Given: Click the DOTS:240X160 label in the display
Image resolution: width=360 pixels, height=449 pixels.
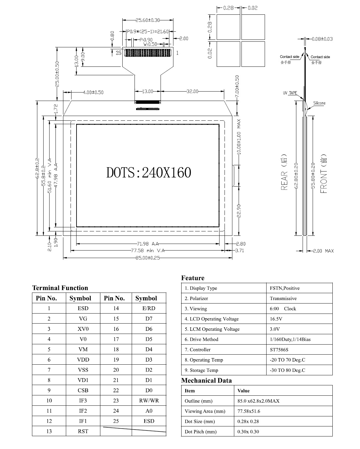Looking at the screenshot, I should tap(149, 172).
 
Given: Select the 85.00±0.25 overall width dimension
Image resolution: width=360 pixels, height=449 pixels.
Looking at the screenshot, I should tap(148, 258).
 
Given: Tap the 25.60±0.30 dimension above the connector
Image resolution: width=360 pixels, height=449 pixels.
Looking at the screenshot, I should tap(148, 20).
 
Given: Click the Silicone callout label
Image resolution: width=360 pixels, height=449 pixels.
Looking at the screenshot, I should tap(319, 103).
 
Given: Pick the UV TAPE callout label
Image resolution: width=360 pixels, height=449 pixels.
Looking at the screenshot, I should tap(290, 93).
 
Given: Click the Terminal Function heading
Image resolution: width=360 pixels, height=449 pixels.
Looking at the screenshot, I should tap(60, 288).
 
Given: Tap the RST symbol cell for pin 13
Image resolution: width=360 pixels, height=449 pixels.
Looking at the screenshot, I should tap(83, 431).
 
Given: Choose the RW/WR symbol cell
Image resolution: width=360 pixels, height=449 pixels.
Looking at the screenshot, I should tap(149, 400).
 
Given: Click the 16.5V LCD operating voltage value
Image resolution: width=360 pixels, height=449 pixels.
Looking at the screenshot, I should tap(276, 319).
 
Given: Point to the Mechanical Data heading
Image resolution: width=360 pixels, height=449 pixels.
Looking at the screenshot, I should tap(206, 381).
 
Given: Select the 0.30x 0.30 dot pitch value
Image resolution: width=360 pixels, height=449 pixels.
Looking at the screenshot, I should tap(248, 431).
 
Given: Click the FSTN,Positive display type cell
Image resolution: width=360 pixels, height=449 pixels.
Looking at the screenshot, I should tap(284, 288).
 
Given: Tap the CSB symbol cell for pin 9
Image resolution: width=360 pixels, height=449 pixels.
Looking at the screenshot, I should tap(83, 390).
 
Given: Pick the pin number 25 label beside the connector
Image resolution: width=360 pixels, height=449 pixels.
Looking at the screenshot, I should tap(119, 53).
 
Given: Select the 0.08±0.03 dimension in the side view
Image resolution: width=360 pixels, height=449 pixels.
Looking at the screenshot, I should tap(322, 39).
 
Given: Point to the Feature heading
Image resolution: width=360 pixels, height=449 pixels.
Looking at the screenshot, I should tap(193, 278).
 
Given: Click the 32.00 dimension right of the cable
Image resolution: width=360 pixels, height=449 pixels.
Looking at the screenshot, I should tap(193, 91).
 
